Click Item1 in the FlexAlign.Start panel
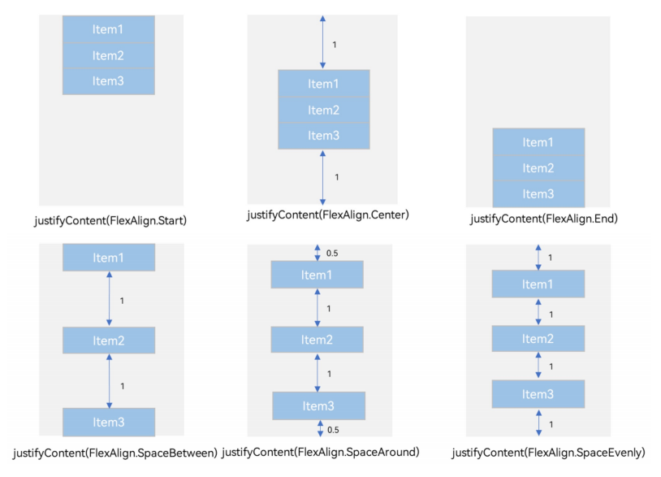click(109, 29)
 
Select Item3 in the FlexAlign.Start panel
click(109, 81)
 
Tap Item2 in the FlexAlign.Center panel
click(324, 110)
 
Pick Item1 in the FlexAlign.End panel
click(538, 142)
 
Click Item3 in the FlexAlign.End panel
click(538, 194)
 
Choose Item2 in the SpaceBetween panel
click(109, 340)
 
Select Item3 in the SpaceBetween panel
click(109, 423)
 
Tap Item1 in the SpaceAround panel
click(317, 275)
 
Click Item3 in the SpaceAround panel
click(318, 405)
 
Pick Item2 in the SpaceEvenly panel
click(538, 339)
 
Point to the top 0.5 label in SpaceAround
click(332, 253)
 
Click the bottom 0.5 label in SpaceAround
click(333, 430)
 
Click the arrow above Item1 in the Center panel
click(322, 42)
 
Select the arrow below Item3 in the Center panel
click(322, 178)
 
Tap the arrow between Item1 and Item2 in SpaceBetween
click(109, 298)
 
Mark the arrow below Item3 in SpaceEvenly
click(538, 423)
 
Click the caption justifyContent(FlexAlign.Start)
click(110, 220)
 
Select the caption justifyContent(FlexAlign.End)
click(544, 219)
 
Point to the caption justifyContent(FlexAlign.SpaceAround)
click(321, 452)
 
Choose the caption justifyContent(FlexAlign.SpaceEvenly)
click(548, 453)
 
